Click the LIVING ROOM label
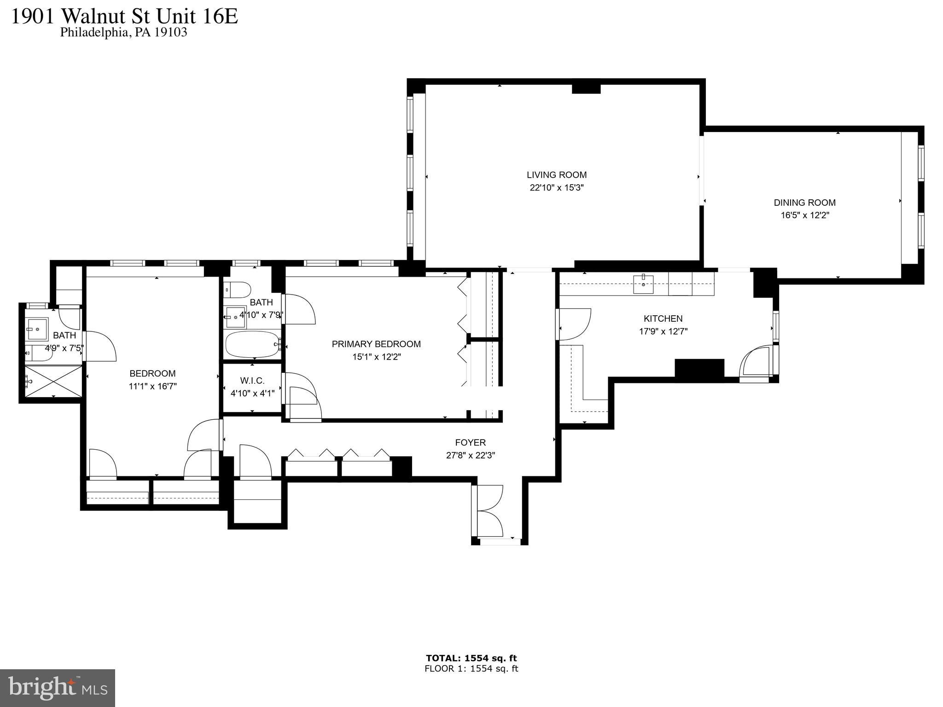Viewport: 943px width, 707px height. coord(556,175)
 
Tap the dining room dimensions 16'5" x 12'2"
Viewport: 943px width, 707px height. coord(804,215)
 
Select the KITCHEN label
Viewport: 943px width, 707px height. coord(663,319)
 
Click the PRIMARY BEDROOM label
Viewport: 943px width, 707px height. coord(376,344)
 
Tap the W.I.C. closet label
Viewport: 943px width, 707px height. coord(252,381)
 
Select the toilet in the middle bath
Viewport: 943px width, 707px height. coord(238,290)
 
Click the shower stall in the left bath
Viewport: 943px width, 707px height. coord(53,381)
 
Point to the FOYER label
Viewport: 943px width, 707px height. coord(470,442)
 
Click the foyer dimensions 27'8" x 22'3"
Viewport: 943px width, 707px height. coord(470,455)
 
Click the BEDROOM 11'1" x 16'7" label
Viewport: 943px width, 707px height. coord(152,380)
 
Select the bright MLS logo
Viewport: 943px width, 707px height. coord(58,688)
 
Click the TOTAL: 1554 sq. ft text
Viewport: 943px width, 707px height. coord(471,658)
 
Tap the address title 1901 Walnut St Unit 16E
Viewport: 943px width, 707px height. coord(124,17)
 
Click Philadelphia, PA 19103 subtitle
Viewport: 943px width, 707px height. coord(123,33)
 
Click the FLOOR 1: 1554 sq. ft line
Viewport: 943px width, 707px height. coord(471,669)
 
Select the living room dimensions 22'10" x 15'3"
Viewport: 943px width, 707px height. coord(556,188)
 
